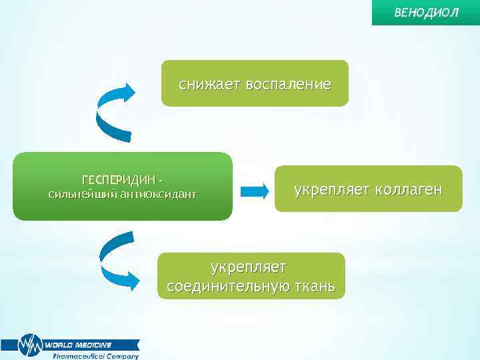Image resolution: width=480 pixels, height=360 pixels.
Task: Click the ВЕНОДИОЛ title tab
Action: [426, 13]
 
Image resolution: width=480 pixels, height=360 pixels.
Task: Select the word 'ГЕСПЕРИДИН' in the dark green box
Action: [119, 181]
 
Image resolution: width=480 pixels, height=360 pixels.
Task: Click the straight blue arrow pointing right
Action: [253, 191]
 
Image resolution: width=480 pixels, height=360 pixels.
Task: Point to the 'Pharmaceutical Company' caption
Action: [96, 356]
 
